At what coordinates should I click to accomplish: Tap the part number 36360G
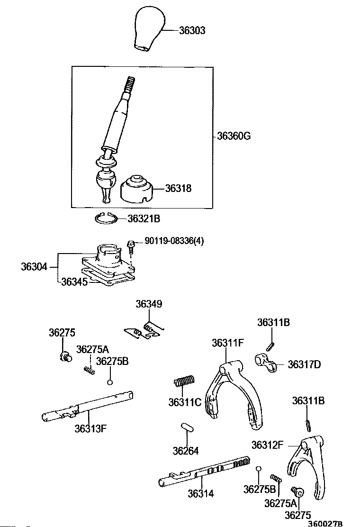pyautogui.click(x=234, y=136)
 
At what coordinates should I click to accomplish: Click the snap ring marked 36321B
pyautogui.click(x=106, y=218)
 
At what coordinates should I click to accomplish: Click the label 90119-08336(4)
pyautogui.click(x=174, y=241)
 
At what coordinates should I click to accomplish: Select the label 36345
pyautogui.click(x=74, y=282)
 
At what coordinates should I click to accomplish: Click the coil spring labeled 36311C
pyautogui.click(x=184, y=381)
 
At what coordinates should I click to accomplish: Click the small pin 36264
pyautogui.click(x=187, y=427)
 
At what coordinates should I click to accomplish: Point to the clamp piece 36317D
pyautogui.click(x=266, y=363)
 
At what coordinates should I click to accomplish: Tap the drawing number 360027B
pyautogui.click(x=325, y=523)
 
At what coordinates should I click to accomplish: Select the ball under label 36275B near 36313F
pyautogui.click(x=110, y=382)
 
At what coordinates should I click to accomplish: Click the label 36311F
pyautogui.click(x=228, y=343)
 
